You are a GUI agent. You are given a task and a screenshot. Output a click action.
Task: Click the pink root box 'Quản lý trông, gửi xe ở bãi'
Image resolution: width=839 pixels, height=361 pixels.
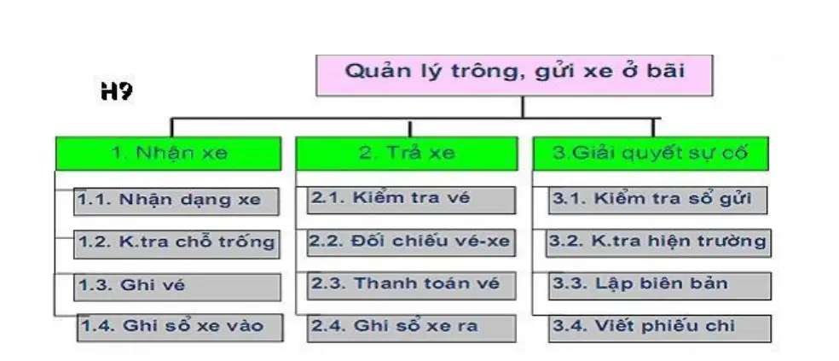point(514,75)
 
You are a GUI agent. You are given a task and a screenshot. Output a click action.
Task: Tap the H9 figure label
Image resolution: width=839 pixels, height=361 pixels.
point(117,91)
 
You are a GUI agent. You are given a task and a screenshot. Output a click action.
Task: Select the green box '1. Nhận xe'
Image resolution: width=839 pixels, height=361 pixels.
point(169,154)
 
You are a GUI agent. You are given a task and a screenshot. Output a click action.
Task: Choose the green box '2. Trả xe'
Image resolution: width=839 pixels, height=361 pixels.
point(407,154)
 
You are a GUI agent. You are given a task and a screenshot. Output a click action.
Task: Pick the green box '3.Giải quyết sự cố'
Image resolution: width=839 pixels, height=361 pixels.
point(651,154)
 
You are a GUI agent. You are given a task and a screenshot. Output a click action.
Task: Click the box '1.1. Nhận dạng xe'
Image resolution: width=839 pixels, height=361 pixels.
point(176,201)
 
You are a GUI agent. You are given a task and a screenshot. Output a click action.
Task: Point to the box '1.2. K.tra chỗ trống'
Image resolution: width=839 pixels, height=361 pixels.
point(176,244)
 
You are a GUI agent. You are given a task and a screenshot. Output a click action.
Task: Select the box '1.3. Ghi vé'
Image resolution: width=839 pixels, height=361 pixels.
point(177,287)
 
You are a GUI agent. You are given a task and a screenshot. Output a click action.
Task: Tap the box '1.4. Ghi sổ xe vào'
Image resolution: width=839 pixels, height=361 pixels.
point(180,328)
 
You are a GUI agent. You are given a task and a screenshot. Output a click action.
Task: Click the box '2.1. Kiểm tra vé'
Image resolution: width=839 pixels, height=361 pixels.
point(411,200)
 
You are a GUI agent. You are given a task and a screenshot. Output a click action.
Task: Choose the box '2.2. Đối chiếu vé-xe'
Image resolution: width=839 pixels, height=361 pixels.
point(411,242)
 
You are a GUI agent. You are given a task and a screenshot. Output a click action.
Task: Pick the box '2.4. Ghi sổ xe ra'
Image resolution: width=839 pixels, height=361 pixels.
point(412,328)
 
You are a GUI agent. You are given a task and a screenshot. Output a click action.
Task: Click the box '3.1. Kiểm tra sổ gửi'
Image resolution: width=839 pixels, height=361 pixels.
point(657,200)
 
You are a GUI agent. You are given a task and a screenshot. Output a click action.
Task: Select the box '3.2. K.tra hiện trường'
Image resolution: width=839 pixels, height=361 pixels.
point(658,242)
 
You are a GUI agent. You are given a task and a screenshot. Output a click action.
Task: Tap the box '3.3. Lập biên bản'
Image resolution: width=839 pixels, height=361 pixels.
point(660,286)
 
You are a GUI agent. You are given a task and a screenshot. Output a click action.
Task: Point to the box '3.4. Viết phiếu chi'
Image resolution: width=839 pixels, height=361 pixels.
point(660,329)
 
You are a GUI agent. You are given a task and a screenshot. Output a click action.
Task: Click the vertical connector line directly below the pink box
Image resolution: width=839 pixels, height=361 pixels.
point(522,108)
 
